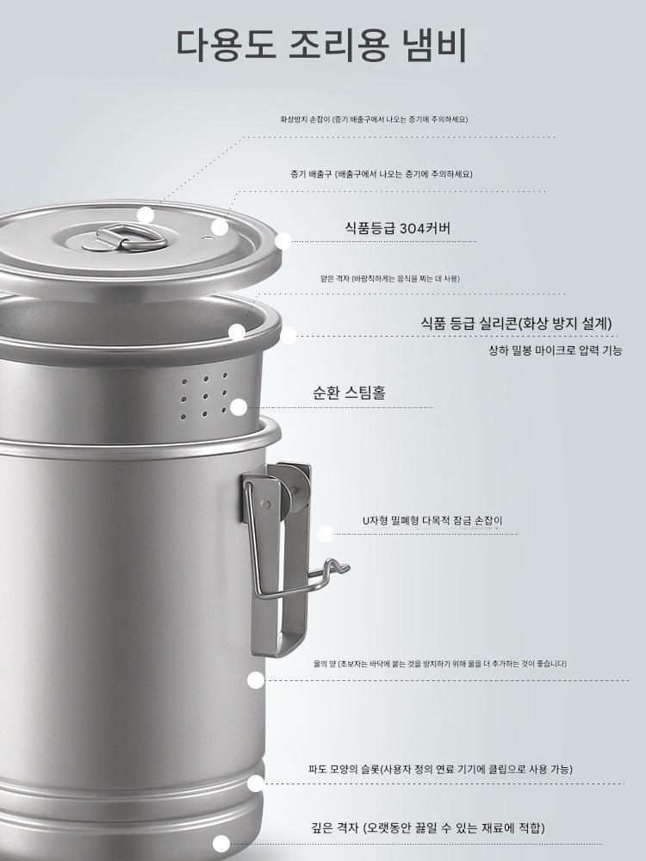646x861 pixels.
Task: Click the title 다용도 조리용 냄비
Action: click(x=321, y=45)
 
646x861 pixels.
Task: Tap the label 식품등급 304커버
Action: click(x=397, y=228)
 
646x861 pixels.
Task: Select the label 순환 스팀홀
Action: click(x=349, y=393)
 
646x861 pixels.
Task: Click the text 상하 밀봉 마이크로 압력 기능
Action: click(x=556, y=350)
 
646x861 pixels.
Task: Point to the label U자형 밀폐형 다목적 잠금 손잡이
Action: click(x=432, y=521)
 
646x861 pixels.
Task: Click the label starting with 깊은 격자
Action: click(x=428, y=827)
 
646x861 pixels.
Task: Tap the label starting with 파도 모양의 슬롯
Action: click(x=440, y=769)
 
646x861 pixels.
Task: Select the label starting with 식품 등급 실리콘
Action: click(x=516, y=323)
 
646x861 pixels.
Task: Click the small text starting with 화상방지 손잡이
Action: click(x=374, y=119)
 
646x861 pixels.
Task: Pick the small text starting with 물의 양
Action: click(x=439, y=663)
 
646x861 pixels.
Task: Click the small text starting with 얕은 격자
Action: click(x=389, y=278)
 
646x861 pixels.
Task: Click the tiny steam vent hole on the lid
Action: click(x=207, y=238)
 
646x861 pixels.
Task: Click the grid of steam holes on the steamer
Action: click(x=204, y=395)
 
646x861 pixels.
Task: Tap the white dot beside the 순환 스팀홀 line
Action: click(x=239, y=407)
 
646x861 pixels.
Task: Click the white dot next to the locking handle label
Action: click(x=326, y=534)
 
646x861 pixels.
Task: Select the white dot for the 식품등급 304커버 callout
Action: click(x=283, y=241)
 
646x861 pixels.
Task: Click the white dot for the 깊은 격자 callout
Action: click(x=221, y=844)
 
